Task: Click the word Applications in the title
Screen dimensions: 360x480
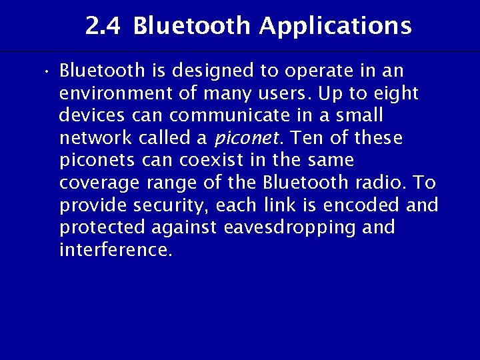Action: click(x=335, y=27)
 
